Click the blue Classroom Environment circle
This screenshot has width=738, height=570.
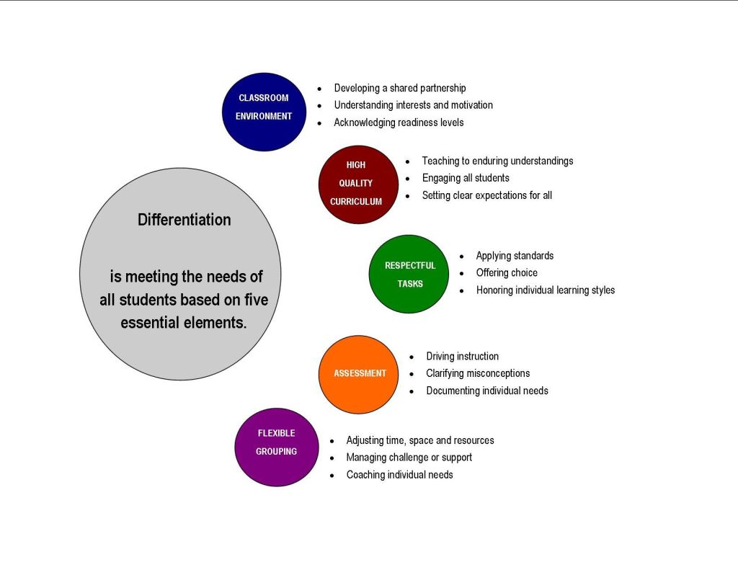[264, 112]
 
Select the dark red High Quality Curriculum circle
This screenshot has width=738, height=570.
[357, 184]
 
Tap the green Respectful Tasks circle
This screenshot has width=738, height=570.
[409, 274]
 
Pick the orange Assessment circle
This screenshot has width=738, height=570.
[358, 374]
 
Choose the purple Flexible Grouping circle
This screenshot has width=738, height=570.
[275, 447]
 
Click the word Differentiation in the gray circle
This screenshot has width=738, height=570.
[184, 220]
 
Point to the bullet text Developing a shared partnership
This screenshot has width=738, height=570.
[399, 88]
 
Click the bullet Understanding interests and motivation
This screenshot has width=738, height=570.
[413, 105]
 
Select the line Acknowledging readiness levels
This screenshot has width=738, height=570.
[399, 123]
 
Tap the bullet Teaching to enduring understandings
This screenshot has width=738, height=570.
[497, 161]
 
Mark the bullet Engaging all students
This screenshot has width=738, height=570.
[466, 178]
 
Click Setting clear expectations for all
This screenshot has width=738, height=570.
[486, 195]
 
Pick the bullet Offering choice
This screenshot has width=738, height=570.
[507, 273]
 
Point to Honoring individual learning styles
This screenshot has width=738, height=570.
[546, 290]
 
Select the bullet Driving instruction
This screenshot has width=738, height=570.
[462, 356]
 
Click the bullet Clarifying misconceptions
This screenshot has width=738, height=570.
[478, 373]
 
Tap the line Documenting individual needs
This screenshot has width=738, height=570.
[487, 391]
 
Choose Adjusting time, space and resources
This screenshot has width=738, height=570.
[420, 440]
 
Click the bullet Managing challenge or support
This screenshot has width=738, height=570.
[409, 458]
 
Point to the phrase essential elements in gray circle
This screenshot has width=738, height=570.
[184, 323]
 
